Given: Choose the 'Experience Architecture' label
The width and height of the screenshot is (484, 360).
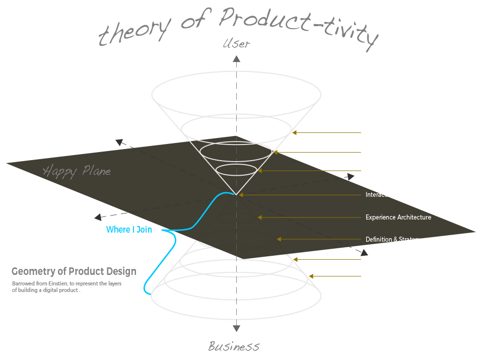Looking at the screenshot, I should click(398, 218).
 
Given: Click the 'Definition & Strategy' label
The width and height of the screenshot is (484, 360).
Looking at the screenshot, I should click(393, 240).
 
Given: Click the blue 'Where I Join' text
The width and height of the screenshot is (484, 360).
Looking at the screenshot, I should click(129, 230).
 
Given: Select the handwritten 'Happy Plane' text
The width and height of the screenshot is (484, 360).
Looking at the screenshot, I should click(77, 171).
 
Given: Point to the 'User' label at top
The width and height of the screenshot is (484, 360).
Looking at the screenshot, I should click(236, 44).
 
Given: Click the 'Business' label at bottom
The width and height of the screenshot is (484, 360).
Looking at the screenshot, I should click(234, 346).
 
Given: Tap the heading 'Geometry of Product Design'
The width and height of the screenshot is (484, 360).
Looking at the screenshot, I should click(74, 272).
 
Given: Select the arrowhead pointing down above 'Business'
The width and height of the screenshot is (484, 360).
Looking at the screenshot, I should click(236, 328).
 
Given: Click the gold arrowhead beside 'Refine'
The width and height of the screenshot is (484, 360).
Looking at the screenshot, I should click(295, 133).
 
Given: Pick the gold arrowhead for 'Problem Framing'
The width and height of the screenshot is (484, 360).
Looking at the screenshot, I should click(311, 276).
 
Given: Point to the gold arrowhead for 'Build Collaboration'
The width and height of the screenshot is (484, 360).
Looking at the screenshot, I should click(260, 171).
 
